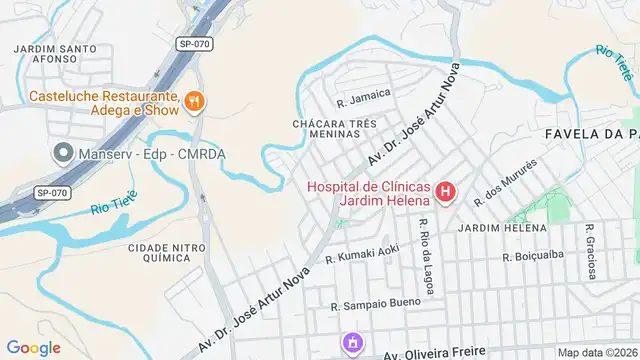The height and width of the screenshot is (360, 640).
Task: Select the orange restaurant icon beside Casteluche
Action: point(194,99)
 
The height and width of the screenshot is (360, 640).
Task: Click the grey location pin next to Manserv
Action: point(63,154)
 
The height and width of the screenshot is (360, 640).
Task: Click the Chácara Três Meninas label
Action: point(325,129)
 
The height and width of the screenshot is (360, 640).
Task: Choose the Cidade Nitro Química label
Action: point(159,252)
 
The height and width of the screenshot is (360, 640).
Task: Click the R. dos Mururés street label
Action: point(505,181)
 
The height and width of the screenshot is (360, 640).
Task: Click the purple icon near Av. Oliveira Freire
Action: point(352,344)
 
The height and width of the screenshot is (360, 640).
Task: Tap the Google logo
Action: point(34,347)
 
